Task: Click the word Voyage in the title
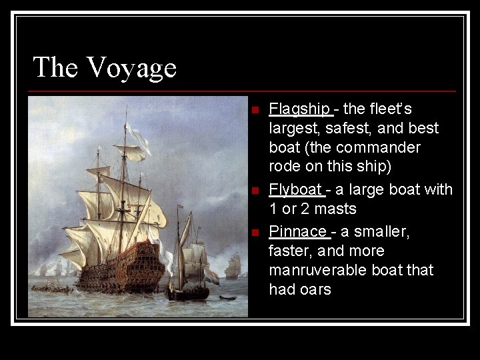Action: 131,68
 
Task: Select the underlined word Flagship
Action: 299,109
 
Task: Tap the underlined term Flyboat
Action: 295,190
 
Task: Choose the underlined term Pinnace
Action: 298,231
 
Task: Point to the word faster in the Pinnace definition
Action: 293,251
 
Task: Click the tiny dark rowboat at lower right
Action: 228,297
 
